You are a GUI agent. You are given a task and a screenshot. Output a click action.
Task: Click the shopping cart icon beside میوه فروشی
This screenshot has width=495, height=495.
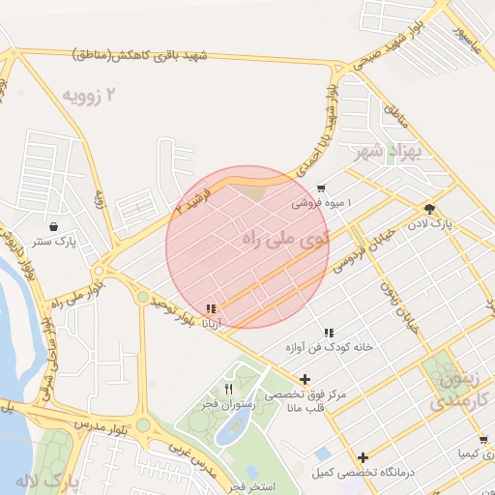pyautogui.click(x=321, y=189)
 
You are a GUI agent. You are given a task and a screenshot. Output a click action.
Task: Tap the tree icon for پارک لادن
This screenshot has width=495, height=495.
pyautogui.click(x=428, y=208)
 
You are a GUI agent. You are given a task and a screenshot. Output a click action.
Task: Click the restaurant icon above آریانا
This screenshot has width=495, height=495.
pyautogui.click(x=211, y=308)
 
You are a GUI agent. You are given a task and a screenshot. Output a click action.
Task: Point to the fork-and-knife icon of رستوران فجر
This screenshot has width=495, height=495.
pyautogui.click(x=229, y=389)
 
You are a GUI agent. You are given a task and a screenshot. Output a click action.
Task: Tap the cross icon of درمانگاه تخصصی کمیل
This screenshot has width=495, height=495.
pyautogui.click(x=363, y=457)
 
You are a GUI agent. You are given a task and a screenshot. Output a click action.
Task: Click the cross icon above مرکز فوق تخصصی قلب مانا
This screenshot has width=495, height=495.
pyautogui.click(x=306, y=380)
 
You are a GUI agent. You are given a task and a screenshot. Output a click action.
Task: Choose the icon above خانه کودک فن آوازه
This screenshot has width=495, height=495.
pyautogui.click(x=328, y=332)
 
